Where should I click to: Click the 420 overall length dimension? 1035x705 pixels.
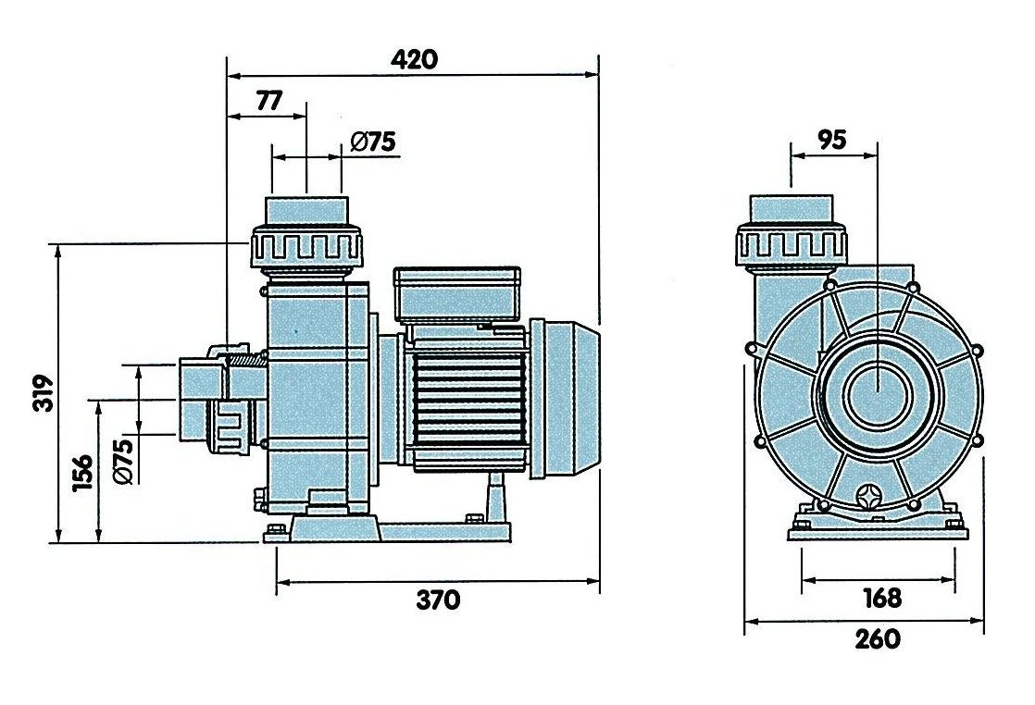[414, 59]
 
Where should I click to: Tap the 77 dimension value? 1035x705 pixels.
[268, 101]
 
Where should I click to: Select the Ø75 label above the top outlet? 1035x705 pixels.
[373, 142]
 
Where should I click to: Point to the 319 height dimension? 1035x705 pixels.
[44, 393]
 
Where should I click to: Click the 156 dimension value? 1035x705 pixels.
[83, 472]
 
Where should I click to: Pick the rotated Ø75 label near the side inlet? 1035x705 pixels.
[124, 461]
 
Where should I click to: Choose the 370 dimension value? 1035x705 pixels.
[438, 600]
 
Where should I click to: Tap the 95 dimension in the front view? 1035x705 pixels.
[831, 140]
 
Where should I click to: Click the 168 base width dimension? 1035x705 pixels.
[882, 599]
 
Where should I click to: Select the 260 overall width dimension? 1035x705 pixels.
[878, 638]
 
